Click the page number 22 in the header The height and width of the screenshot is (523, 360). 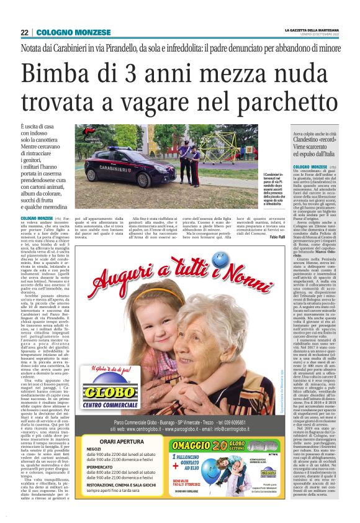coord(24,32)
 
